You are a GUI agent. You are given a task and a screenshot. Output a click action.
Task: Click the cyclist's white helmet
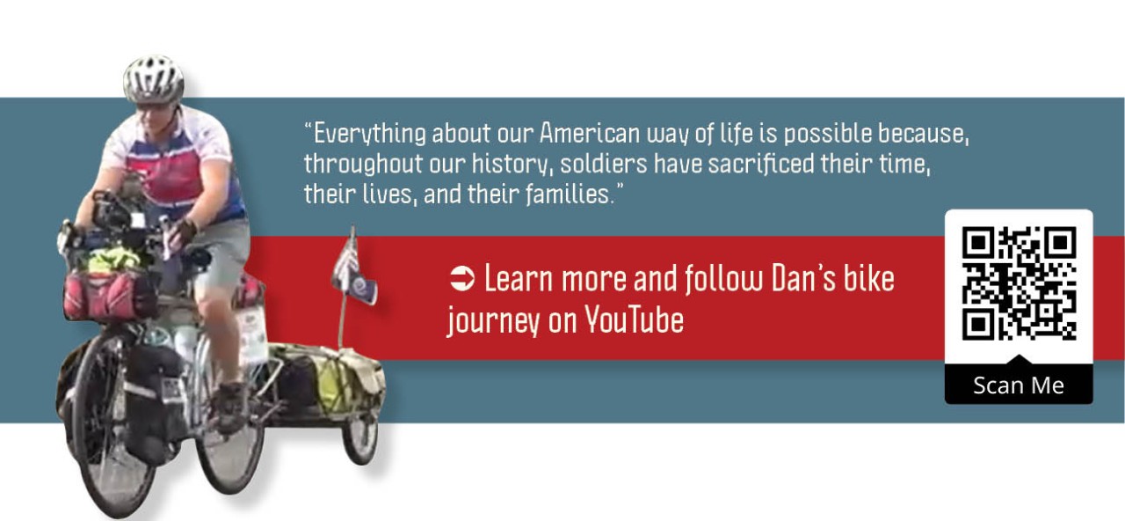tap(153, 77)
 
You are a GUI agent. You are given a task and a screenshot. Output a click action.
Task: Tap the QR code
tap(1019, 283)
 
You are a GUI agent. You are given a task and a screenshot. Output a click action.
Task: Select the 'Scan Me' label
tap(1019, 385)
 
